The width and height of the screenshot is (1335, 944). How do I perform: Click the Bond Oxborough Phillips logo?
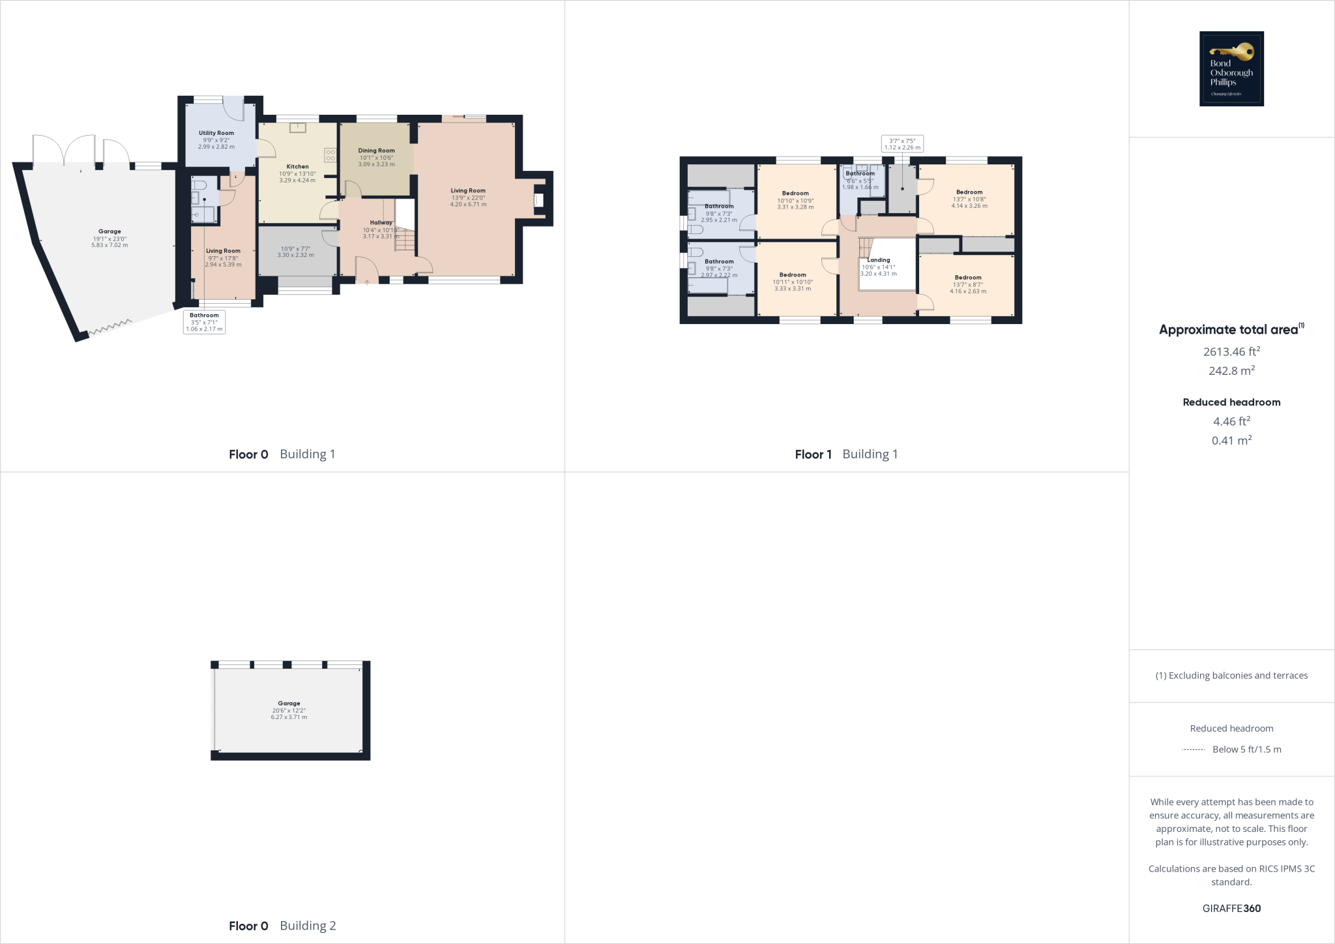pyautogui.click(x=1231, y=68)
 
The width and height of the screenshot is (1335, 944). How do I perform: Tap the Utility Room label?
pyautogui.click(x=216, y=133)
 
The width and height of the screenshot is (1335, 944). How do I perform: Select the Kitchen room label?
pyautogui.click(x=297, y=167)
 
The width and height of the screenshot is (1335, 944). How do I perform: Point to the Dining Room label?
pyautogui.click(x=376, y=151)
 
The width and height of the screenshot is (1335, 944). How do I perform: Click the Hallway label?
pyautogui.click(x=381, y=223)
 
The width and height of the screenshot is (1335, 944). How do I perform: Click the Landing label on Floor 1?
pyautogui.click(x=878, y=260)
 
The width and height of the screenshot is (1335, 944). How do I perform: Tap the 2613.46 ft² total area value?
pyautogui.click(x=1231, y=351)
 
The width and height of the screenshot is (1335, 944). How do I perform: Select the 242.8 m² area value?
pyautogui.click(x=1231, y=370)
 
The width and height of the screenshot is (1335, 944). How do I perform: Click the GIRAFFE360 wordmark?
pyautogui.click(x=1231, y=908)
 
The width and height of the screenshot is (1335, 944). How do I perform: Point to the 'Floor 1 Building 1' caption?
pyautogui.click(x=846, y=454)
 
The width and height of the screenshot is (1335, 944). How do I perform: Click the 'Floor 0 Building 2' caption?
pyautogui.click(x=282, y=926)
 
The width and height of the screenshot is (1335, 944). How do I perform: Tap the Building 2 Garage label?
pyautogui.click(x=289, y=703)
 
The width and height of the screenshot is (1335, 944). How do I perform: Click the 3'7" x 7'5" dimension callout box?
pyautogui.click(x=902, y=144)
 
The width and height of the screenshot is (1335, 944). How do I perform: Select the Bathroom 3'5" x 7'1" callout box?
pyautogui.click(x=204, y=322)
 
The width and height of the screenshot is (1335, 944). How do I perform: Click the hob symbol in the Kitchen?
pyautogui.click(x=330, y=155)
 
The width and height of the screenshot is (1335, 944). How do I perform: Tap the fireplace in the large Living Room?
pyautogui.click(x=539, y=200)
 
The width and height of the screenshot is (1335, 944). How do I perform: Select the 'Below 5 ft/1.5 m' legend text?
pyautogui.click(x=1246, y=750)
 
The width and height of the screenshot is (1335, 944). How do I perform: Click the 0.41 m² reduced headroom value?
pyautogui.click(x=1231, y=441)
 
